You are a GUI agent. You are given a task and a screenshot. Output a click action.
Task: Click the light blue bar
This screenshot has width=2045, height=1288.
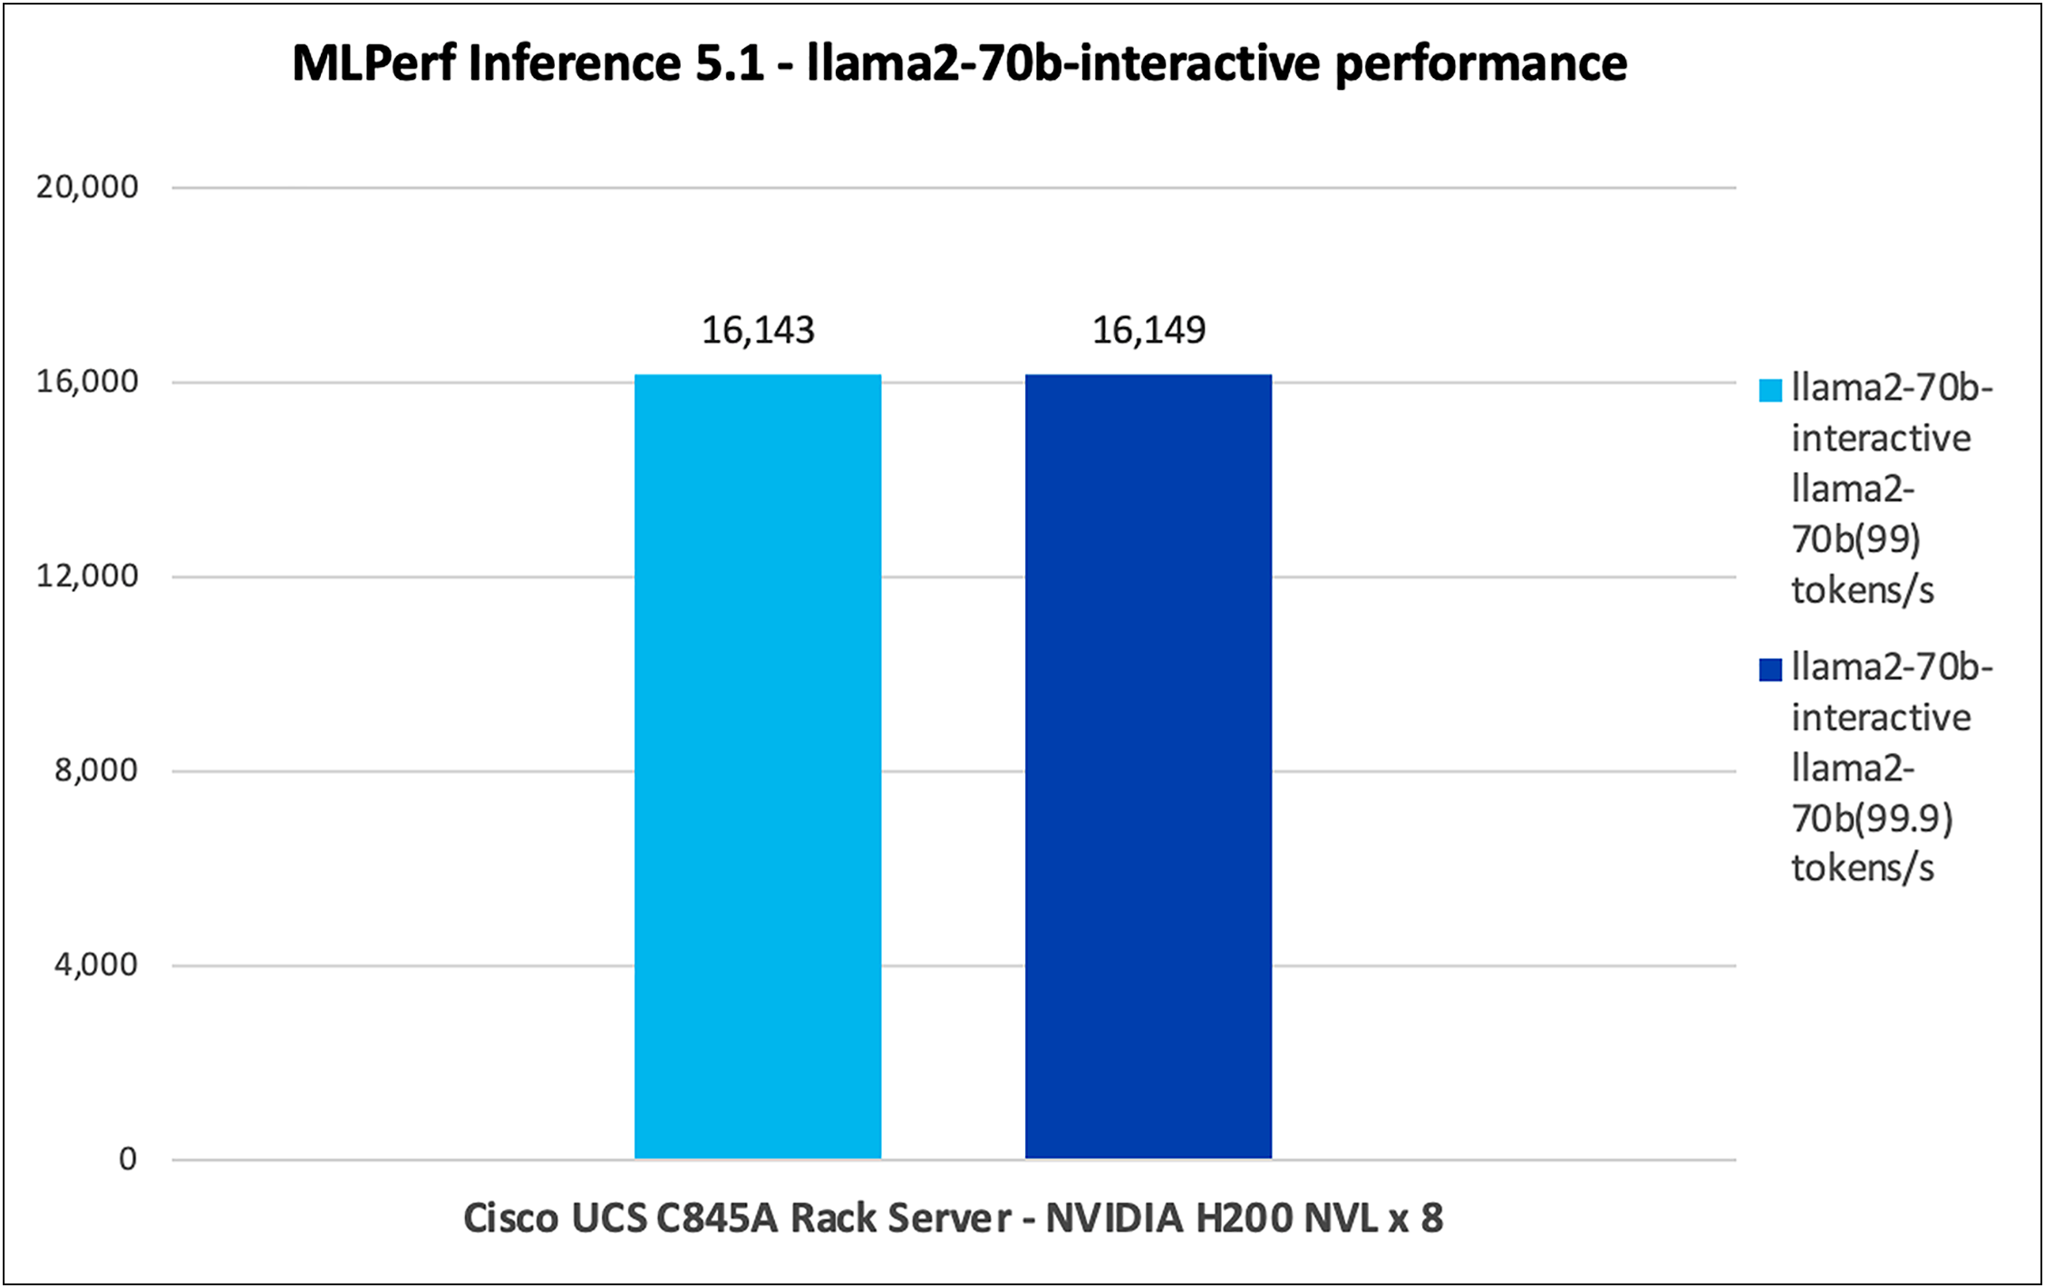(x=757, y=766)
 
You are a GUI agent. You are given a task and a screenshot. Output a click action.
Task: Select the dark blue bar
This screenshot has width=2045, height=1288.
(x=1148, y=766)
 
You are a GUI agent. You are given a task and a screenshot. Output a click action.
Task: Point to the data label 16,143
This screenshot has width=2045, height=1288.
(x=758, y=331)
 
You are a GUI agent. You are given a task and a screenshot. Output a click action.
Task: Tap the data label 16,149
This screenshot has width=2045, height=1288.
(x=1148, y=331)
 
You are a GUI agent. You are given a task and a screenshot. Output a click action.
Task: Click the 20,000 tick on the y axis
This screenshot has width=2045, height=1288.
(x=87, y=187)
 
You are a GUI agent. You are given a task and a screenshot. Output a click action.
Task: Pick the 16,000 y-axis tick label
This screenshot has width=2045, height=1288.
(x=87, y=382)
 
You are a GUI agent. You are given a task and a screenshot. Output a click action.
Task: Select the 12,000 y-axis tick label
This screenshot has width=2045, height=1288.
(x=87, y=576)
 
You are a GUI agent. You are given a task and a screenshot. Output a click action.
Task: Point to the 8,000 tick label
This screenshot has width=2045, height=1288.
(x=96, y=770)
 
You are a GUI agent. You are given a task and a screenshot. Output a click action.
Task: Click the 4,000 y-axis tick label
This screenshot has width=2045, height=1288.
(x=96, y=964)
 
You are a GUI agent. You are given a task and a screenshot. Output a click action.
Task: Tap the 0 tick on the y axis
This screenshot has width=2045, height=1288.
(x=128, y=1158)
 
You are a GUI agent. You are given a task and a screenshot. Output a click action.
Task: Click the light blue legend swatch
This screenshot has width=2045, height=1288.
(x=1769, y=391)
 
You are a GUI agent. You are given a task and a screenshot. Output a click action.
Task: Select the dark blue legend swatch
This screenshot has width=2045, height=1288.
(x=1769, y=670)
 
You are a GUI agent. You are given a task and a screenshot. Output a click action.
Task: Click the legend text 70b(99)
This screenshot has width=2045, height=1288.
(x=1856, y=540)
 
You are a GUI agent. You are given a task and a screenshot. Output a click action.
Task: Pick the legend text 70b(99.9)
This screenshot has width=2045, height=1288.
(x=1872, y=819)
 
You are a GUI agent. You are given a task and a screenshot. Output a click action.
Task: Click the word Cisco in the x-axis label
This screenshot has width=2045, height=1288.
(x=509, y=1218)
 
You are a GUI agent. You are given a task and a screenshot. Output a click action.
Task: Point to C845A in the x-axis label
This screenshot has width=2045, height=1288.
(x=717, y=1218)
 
